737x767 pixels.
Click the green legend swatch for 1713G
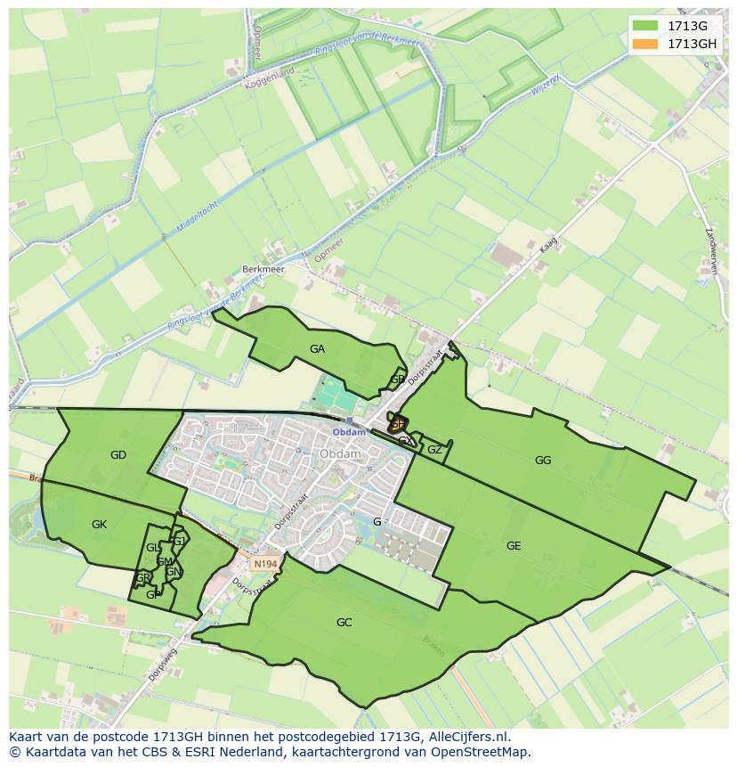coord(645,27)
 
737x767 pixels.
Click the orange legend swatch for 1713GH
coord(645,44)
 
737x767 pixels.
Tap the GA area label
coord(317,349)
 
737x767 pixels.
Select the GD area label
coord(118,455)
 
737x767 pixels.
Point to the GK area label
coord(99,525)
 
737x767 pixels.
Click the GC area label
coord(344,623)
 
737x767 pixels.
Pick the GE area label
coord(514,546)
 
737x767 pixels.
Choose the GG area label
coord(543,461)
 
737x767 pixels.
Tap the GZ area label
coord(434,450)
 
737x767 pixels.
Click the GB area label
coord(397,379)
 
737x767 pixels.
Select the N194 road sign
coord(263,564)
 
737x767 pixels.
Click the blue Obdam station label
coord(349,432)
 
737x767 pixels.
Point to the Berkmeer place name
coord(261,268)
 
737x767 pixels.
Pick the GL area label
coord(153,547)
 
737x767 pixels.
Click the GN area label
coord(174,572)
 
